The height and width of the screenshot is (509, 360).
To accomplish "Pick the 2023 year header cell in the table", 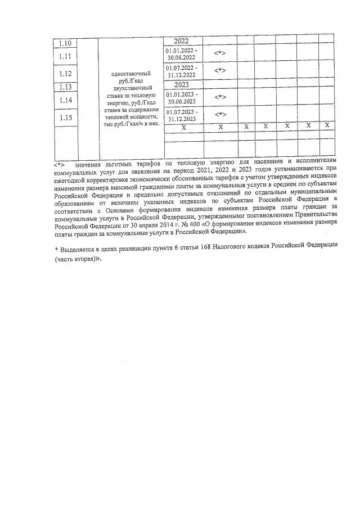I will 182,84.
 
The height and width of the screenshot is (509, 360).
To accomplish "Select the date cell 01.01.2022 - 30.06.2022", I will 181,54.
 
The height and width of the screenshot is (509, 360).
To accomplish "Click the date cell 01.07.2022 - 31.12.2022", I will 181,71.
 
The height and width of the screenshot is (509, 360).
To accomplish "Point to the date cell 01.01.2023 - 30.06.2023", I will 181,98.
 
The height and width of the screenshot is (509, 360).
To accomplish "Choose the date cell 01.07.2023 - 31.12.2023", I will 181,115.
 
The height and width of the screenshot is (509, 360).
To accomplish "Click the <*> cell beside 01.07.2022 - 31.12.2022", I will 220,70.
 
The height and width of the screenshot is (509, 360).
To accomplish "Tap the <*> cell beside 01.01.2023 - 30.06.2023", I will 220,97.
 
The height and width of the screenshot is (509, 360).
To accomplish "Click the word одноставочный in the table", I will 131,74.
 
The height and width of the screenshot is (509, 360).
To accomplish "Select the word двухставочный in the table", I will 131,88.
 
